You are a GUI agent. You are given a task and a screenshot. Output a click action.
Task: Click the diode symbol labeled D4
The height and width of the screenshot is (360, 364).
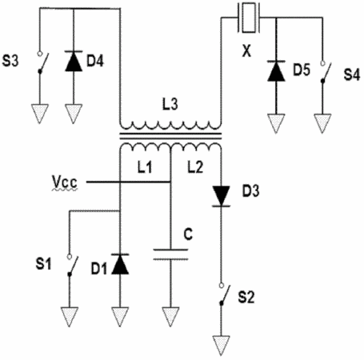tap(74, 61)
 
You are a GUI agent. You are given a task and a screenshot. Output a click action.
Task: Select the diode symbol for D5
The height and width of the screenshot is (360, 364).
tap(276, 71)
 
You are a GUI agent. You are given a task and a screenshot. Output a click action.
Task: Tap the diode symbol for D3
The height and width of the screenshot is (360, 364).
tap(221, 196)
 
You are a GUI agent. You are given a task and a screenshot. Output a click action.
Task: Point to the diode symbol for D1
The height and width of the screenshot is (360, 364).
tap(120, 264)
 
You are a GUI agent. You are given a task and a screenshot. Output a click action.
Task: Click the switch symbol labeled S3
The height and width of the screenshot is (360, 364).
tap(43, 62)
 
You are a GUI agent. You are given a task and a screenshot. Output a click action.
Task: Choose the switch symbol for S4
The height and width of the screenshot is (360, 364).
tap(326, 72)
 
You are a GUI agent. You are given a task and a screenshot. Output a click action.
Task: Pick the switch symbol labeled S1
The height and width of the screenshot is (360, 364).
tap(73, 266)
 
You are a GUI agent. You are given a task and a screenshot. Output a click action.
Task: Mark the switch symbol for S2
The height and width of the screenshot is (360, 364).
tap(225, 294)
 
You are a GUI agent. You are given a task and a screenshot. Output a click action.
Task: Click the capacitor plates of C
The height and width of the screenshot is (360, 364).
tap(170, 254)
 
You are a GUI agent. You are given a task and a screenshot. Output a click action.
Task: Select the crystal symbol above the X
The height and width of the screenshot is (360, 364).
tap(249, 18)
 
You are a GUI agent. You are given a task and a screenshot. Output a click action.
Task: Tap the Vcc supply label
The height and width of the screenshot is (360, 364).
tap(65, 182)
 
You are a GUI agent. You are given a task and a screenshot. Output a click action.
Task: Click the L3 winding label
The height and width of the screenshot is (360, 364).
tap(170, 104)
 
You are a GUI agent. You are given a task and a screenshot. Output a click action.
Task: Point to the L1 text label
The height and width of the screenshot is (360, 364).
tap(145, 167)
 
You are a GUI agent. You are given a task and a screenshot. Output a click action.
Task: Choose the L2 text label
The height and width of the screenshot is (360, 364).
tap(195, 167)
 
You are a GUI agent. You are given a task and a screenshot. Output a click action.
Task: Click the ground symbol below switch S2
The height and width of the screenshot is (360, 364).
tap(222, 345)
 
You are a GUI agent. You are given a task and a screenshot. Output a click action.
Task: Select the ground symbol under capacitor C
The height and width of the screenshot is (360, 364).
tap(170, 317)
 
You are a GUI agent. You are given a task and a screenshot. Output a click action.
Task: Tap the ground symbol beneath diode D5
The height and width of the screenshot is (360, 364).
tap(276, 123)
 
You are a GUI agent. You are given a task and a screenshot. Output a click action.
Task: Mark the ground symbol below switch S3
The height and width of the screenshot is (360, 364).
tap(40, 114)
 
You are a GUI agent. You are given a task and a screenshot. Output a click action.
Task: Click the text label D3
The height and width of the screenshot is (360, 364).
tap(250, 191)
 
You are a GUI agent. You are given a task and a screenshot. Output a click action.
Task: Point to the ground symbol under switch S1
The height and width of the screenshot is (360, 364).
tap(70, 317)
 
